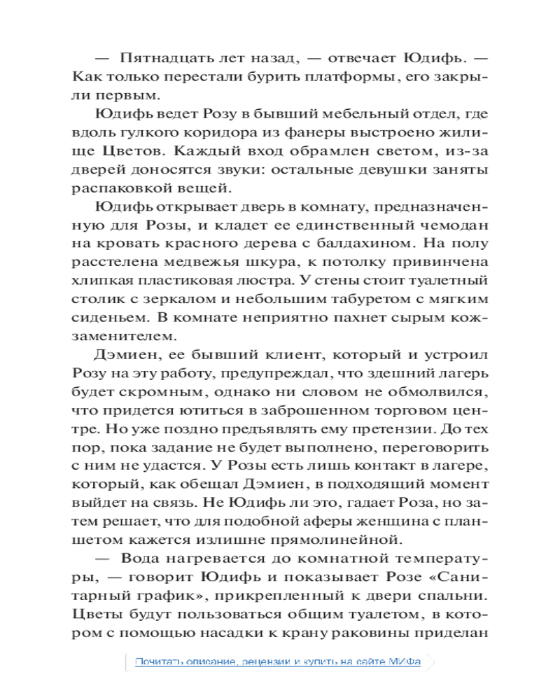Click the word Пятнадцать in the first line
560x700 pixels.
point(163,57)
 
